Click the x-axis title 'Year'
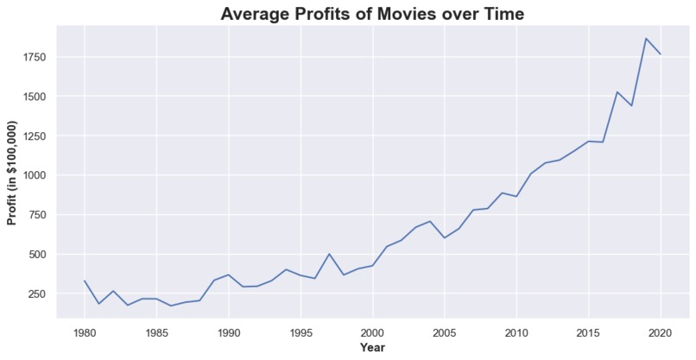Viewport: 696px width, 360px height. (372, 348)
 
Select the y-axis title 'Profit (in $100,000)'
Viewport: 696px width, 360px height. (12, 172)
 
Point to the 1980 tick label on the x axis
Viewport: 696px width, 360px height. (85, 332)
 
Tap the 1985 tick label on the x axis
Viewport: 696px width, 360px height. (156, 332)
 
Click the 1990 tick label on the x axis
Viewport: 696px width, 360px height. (229, 332)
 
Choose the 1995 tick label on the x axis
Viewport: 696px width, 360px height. (301, 332)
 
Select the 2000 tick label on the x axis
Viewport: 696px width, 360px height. (373, 332)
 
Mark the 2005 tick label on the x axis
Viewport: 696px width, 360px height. (445, 332)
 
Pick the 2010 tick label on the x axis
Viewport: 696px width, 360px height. (516, 332)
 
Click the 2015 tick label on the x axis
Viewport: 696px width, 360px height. (589, 332)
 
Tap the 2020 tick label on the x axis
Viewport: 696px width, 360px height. (661, 332)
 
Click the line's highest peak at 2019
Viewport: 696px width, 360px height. (646, 38)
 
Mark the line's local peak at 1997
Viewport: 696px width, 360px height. (329, 254)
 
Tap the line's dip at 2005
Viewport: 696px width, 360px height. (445, 237)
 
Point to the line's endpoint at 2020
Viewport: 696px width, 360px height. (661, 54)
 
